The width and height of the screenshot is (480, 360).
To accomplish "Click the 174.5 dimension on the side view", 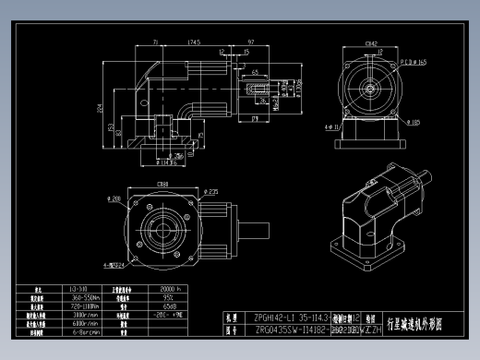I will tap(195, 42).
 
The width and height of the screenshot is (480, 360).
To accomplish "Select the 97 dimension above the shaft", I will tap(252, 42).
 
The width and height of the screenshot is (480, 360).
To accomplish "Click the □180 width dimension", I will tap(162, 184).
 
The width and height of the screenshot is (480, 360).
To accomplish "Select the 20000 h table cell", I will tap(158, 289).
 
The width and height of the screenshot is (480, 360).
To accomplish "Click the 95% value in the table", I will tap(158, 298).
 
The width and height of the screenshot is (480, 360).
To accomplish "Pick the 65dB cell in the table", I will tap(158, 306).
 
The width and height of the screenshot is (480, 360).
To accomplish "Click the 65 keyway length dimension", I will tap(255, 71).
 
